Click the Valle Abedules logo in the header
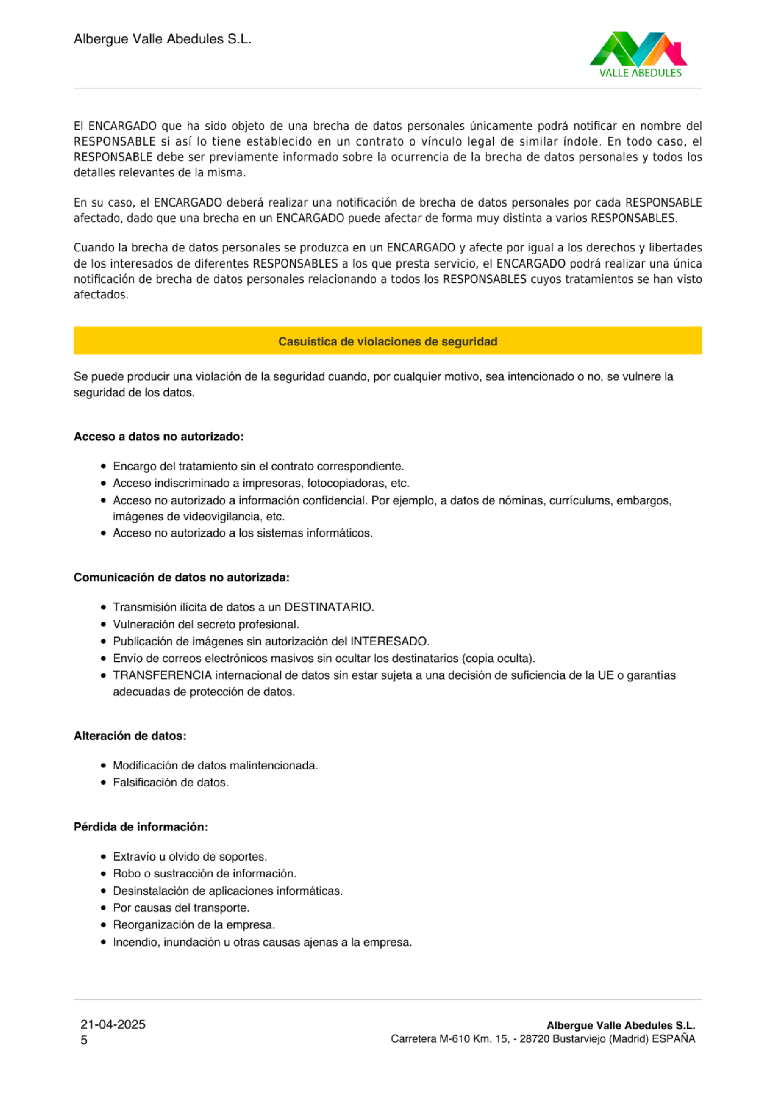coord(639,54)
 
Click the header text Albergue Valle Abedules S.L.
coord(162,39)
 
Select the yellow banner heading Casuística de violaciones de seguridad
coord(387,341)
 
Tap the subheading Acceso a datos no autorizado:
coord(158,436)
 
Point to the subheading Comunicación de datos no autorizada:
coord(181,577)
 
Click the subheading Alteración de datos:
coord(130,735)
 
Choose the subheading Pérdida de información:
coord(140,827)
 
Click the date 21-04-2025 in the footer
coord(113,1024)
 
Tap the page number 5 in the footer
coord(84,1040)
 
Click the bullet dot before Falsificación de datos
coord(103,782)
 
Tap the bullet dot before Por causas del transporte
coord(103,908)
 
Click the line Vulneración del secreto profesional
coord(206,624)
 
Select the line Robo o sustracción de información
coord(204,873)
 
